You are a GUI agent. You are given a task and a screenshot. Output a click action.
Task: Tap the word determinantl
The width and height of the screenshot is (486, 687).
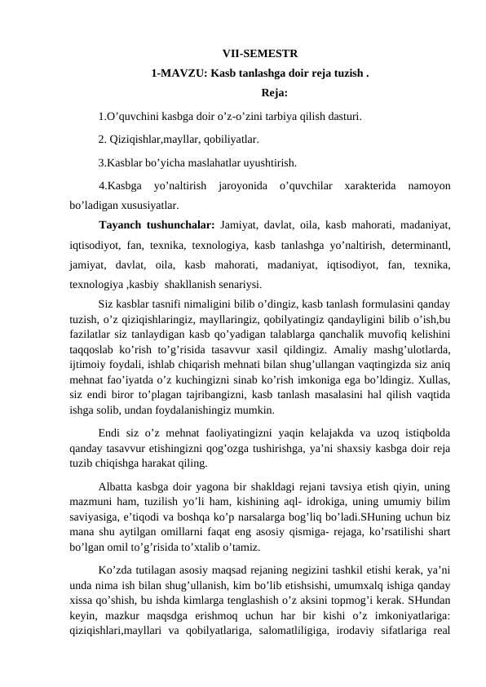click(420, 244)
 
